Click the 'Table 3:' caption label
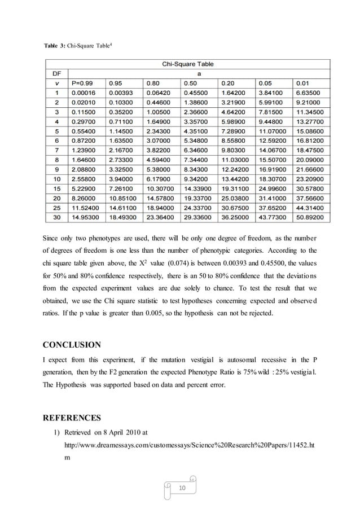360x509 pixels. click(55, 44)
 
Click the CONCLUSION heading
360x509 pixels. click(72, 345)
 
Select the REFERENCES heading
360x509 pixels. click(73, 418)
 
